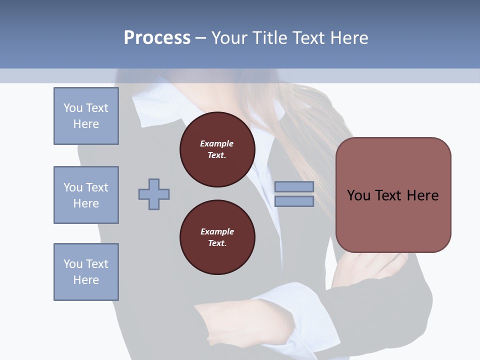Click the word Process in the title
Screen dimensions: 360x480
point(157,38)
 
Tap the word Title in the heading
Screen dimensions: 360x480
point(270,38)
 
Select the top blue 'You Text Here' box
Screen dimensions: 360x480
point(86,116)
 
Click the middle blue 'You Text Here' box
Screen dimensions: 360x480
point(86,195)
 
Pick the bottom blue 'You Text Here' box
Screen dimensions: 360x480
point(86,272)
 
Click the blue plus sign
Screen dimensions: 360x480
point(154,194)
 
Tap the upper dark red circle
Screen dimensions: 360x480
point(217,149)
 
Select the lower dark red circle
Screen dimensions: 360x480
point(217,237)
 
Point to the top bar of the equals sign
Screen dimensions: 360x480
point(294,186)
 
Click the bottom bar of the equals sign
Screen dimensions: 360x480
point(294,201)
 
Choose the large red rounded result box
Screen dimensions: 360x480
point(393,195)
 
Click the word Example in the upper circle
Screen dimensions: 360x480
point(217,143)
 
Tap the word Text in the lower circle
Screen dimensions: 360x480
point(216,243)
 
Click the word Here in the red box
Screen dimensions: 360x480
point(422,195)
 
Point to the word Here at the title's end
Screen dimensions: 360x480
point(348,38)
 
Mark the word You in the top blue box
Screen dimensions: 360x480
point(73,108)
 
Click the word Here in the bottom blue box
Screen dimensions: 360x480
point(86,280)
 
